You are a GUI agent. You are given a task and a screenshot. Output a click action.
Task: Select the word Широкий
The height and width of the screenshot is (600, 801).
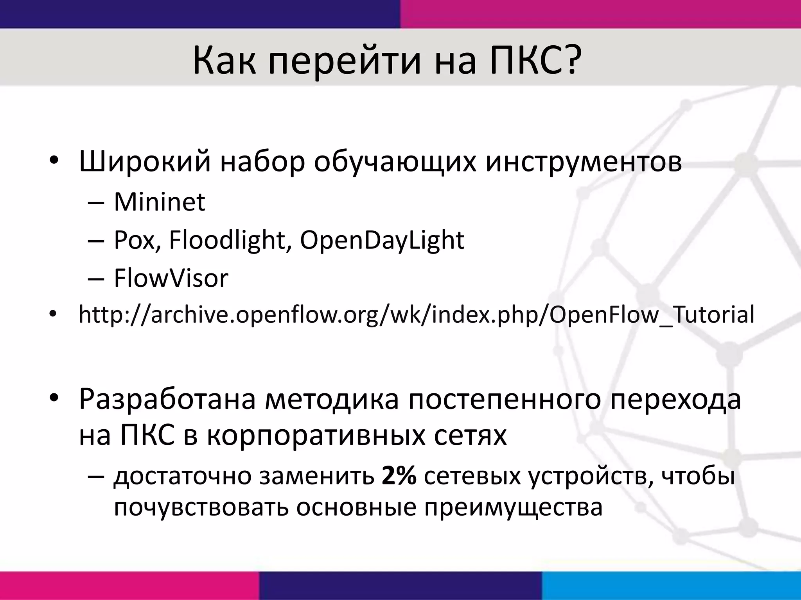pos(145,161)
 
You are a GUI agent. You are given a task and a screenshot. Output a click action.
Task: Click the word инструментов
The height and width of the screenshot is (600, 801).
pos(584,161)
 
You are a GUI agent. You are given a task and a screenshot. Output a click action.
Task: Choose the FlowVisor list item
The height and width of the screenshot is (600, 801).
pos(171,278)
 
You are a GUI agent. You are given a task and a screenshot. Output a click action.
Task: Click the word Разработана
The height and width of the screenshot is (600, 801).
pos(167,399)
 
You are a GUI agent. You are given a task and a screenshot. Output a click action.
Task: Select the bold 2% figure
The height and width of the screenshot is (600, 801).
pos(399,477)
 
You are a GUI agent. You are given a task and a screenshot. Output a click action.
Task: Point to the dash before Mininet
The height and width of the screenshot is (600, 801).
pos(96,202)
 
